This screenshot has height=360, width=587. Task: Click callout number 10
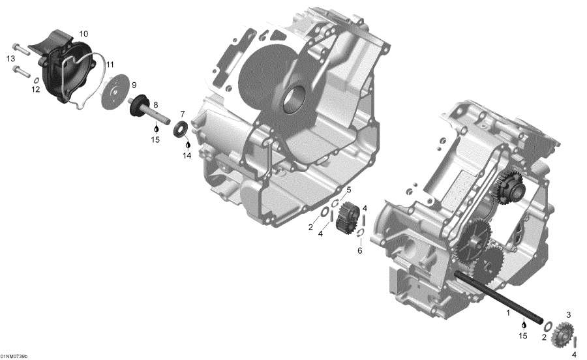[x=83, y=33]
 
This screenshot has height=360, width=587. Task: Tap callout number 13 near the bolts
[x=10, y=59]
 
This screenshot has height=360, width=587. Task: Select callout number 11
[x=110, y=64]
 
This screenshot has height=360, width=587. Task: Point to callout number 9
[x=134, y=85]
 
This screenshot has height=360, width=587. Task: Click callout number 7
[x=183, y=113]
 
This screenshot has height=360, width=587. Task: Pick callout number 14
[x=187, y=156]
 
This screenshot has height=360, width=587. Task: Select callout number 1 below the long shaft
[x=508, y=313]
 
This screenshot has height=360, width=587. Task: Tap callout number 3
[x=568, y=315]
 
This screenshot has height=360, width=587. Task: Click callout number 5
[x=348, y=190]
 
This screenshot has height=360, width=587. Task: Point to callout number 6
[x=359, y=250]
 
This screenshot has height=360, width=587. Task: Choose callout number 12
[x=36, y=91]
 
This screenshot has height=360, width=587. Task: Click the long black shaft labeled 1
[x=496, y=297]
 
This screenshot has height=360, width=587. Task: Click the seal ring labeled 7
[x=181, y=128]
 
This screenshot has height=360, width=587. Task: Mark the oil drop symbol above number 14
[x=187, y=143]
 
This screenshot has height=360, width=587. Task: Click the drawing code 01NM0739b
[x=14, y=356]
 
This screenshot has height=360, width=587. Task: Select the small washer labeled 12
[x=37, y=81]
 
